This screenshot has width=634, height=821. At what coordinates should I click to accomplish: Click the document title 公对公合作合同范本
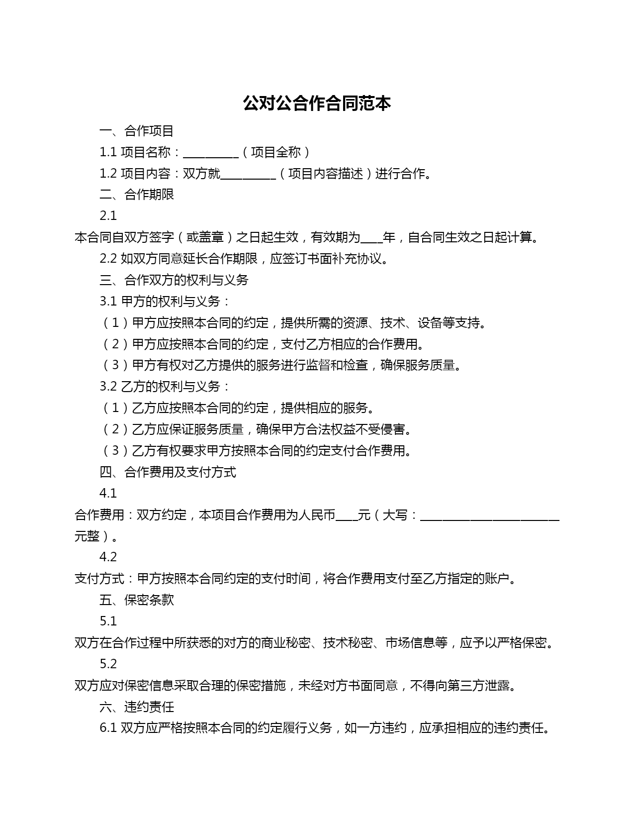pos(317,103)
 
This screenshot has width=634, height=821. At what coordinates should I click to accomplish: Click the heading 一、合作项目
pos(136,131)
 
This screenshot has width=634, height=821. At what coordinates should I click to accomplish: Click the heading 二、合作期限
pos(136,195)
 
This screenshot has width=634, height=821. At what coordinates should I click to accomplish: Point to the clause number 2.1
pos(108,216)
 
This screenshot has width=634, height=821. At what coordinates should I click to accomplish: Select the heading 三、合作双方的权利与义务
pos(174,280)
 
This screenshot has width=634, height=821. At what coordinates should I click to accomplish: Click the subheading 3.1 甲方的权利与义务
pos(165,302)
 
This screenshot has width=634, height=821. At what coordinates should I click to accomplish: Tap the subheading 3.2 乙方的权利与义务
pos(165,387)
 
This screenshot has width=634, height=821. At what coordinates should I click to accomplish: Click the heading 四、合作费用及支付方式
pos(168,472)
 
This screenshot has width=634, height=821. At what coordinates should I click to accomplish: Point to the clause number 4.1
pos(108,494)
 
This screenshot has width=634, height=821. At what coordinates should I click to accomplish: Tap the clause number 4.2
pos(108,557)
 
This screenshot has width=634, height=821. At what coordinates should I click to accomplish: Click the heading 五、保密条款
pos(136,600)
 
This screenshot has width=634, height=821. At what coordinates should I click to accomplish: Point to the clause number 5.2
pos(108,664)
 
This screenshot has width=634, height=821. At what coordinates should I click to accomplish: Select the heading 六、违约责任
pos(136,707)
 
